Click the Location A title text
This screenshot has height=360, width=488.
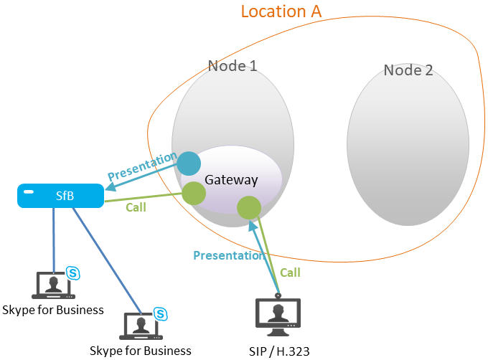tap(281, 11)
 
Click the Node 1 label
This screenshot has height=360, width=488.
tap(233, 66)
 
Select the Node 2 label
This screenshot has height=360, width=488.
tap(408, 70)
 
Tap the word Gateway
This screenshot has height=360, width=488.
tap(231, 179)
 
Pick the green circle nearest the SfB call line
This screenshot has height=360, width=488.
tap(194, 192)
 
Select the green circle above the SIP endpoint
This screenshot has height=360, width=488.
tap(249, 208)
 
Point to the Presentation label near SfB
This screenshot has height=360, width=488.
tap(141, 166)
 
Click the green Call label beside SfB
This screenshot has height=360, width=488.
tap(136, 207)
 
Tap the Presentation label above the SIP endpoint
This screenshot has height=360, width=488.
tap(229, 255)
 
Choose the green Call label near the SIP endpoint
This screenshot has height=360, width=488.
tap(290, 273)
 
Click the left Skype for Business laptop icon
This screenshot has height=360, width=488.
tap(52, 285)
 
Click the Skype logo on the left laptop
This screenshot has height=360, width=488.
tap(72, 272)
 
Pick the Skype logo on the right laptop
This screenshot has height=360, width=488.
tap(161, 313)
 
